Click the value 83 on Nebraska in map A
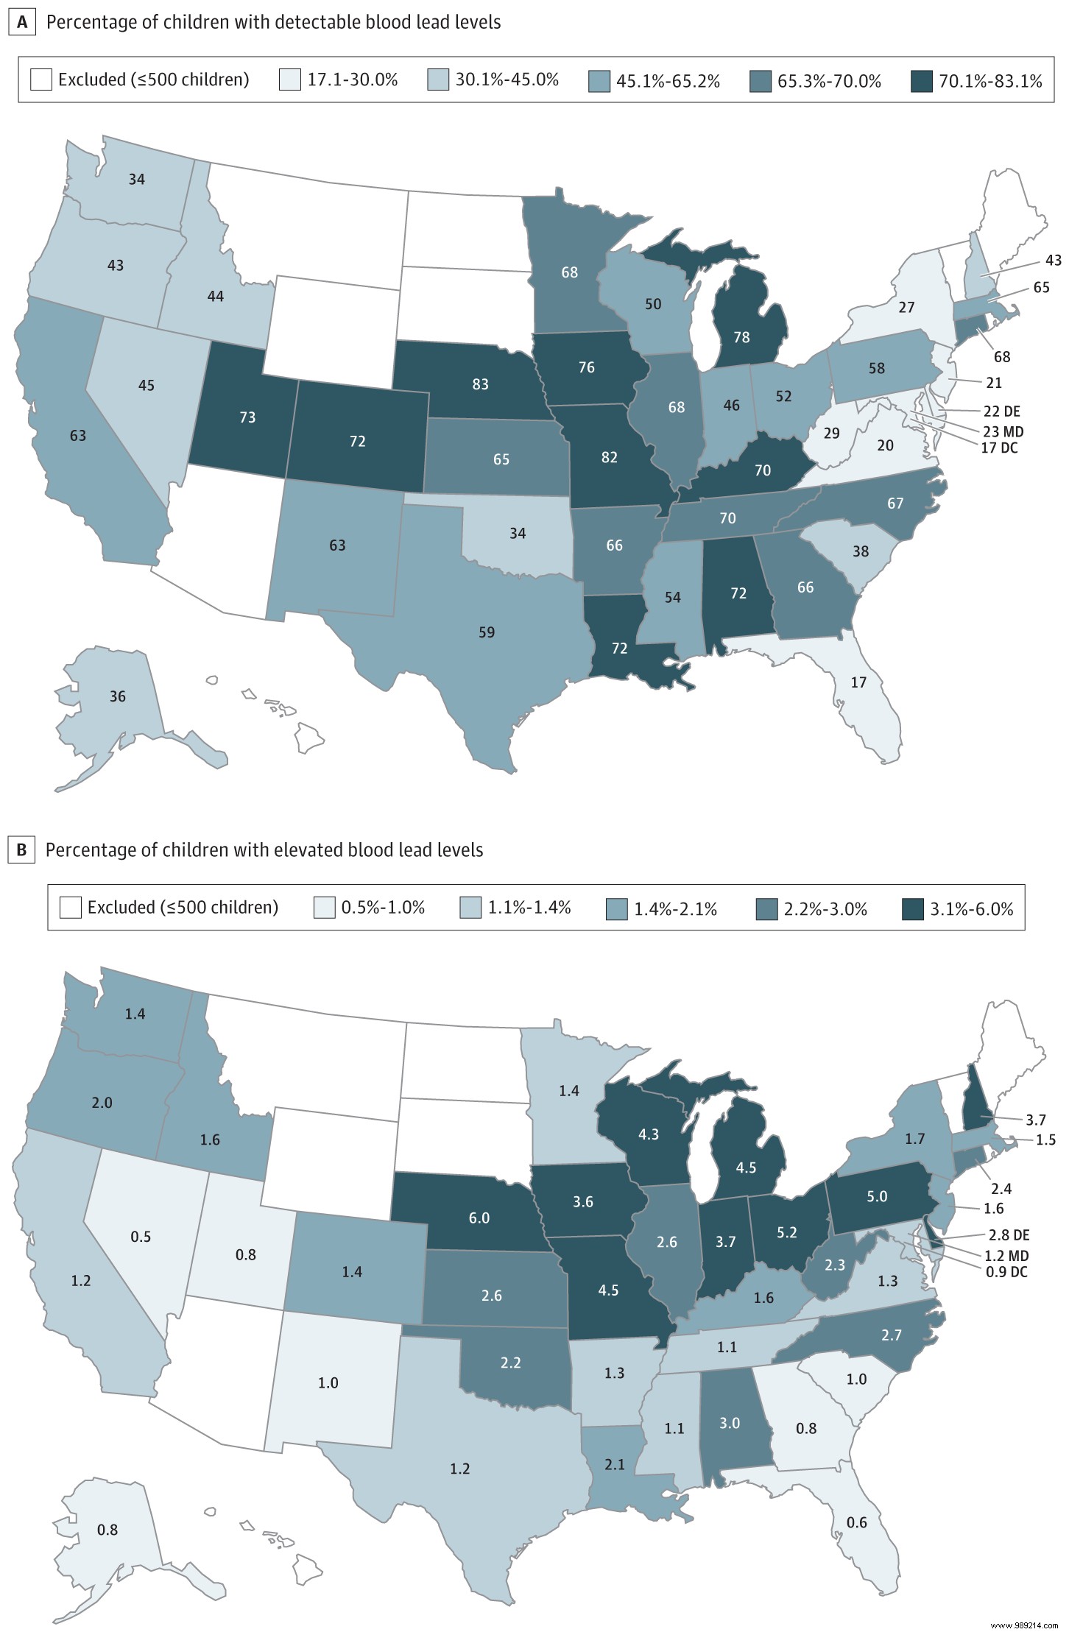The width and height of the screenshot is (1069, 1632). tap(480, 384)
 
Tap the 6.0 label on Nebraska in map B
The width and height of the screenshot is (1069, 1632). tap(479, 1218)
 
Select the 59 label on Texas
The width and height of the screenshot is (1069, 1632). tap(486, 632)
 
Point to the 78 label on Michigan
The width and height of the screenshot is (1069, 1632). tap(741, 337)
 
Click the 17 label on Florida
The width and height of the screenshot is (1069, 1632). tap(858, 682)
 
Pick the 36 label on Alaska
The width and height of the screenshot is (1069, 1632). tap(117, 696)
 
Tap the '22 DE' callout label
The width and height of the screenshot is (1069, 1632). tap(1001, 411)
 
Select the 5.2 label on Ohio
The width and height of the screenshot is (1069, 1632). tap(786, 1232)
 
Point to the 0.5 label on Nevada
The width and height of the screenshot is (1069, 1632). tap(141, 1236)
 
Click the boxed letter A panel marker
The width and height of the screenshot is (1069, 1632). tap(23, 22)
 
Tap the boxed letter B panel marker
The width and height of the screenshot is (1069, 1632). tap(22, 850)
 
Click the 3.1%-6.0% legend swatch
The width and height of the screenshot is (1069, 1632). tap(912, 908)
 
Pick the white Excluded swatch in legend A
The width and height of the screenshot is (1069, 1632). tap(41, 80)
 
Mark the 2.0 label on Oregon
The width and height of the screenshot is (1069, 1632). tap(102, 1103)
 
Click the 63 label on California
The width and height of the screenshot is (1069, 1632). tap(78, 436)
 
